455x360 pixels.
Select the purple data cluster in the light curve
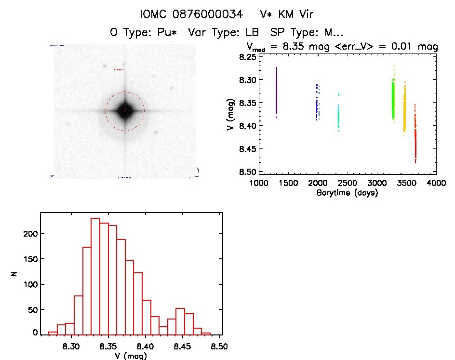click(x=277, y=92)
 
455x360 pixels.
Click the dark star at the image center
click(x=125, y=111)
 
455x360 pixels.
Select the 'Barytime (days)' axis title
click(x=347, y=193)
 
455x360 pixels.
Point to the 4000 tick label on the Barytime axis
click(x=436, y=183)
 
